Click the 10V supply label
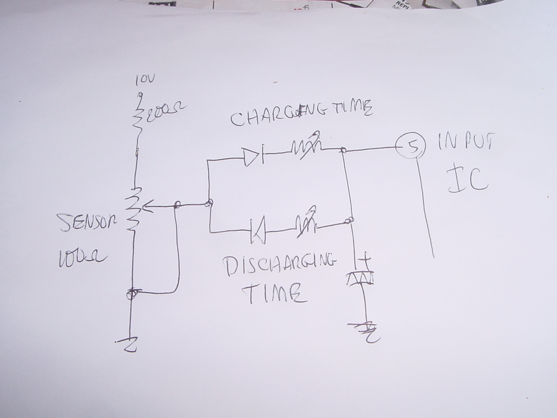tap(145, 81)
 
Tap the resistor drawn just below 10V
tap(139, 115)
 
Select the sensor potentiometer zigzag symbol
tap(132, 210)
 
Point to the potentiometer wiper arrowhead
tap(148, 207)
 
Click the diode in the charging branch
tap(253, 157)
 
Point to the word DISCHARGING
tap(279, 265)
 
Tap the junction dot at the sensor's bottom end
tap(131, 294)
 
